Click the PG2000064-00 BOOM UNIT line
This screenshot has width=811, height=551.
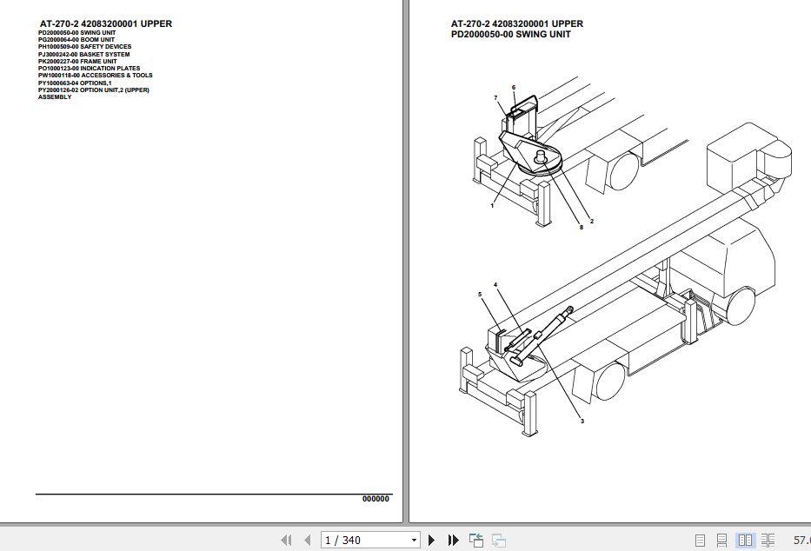(76, 39)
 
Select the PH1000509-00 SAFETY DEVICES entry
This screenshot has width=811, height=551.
(84, 47)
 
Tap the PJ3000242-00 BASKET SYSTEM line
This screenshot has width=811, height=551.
(83, 54)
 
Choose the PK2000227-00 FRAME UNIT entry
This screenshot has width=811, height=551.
(77, 61)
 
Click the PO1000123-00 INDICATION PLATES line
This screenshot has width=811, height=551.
(89, 68)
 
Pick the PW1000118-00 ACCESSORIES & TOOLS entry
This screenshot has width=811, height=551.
(95, 76)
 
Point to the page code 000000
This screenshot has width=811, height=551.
(376, 498)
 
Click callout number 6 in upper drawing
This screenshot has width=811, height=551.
(514, 88)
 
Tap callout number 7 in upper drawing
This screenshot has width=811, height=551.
(495, 97)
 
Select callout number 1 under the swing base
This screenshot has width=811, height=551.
(492, 205)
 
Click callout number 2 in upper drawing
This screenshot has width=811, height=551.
(592, 222)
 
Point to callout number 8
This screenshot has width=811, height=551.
(581, 228)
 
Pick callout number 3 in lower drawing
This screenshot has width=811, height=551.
(582, 421)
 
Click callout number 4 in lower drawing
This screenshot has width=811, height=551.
(495, 285)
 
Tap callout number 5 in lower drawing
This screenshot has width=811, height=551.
(479, 295)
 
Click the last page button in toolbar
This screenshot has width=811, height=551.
(453, 541)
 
